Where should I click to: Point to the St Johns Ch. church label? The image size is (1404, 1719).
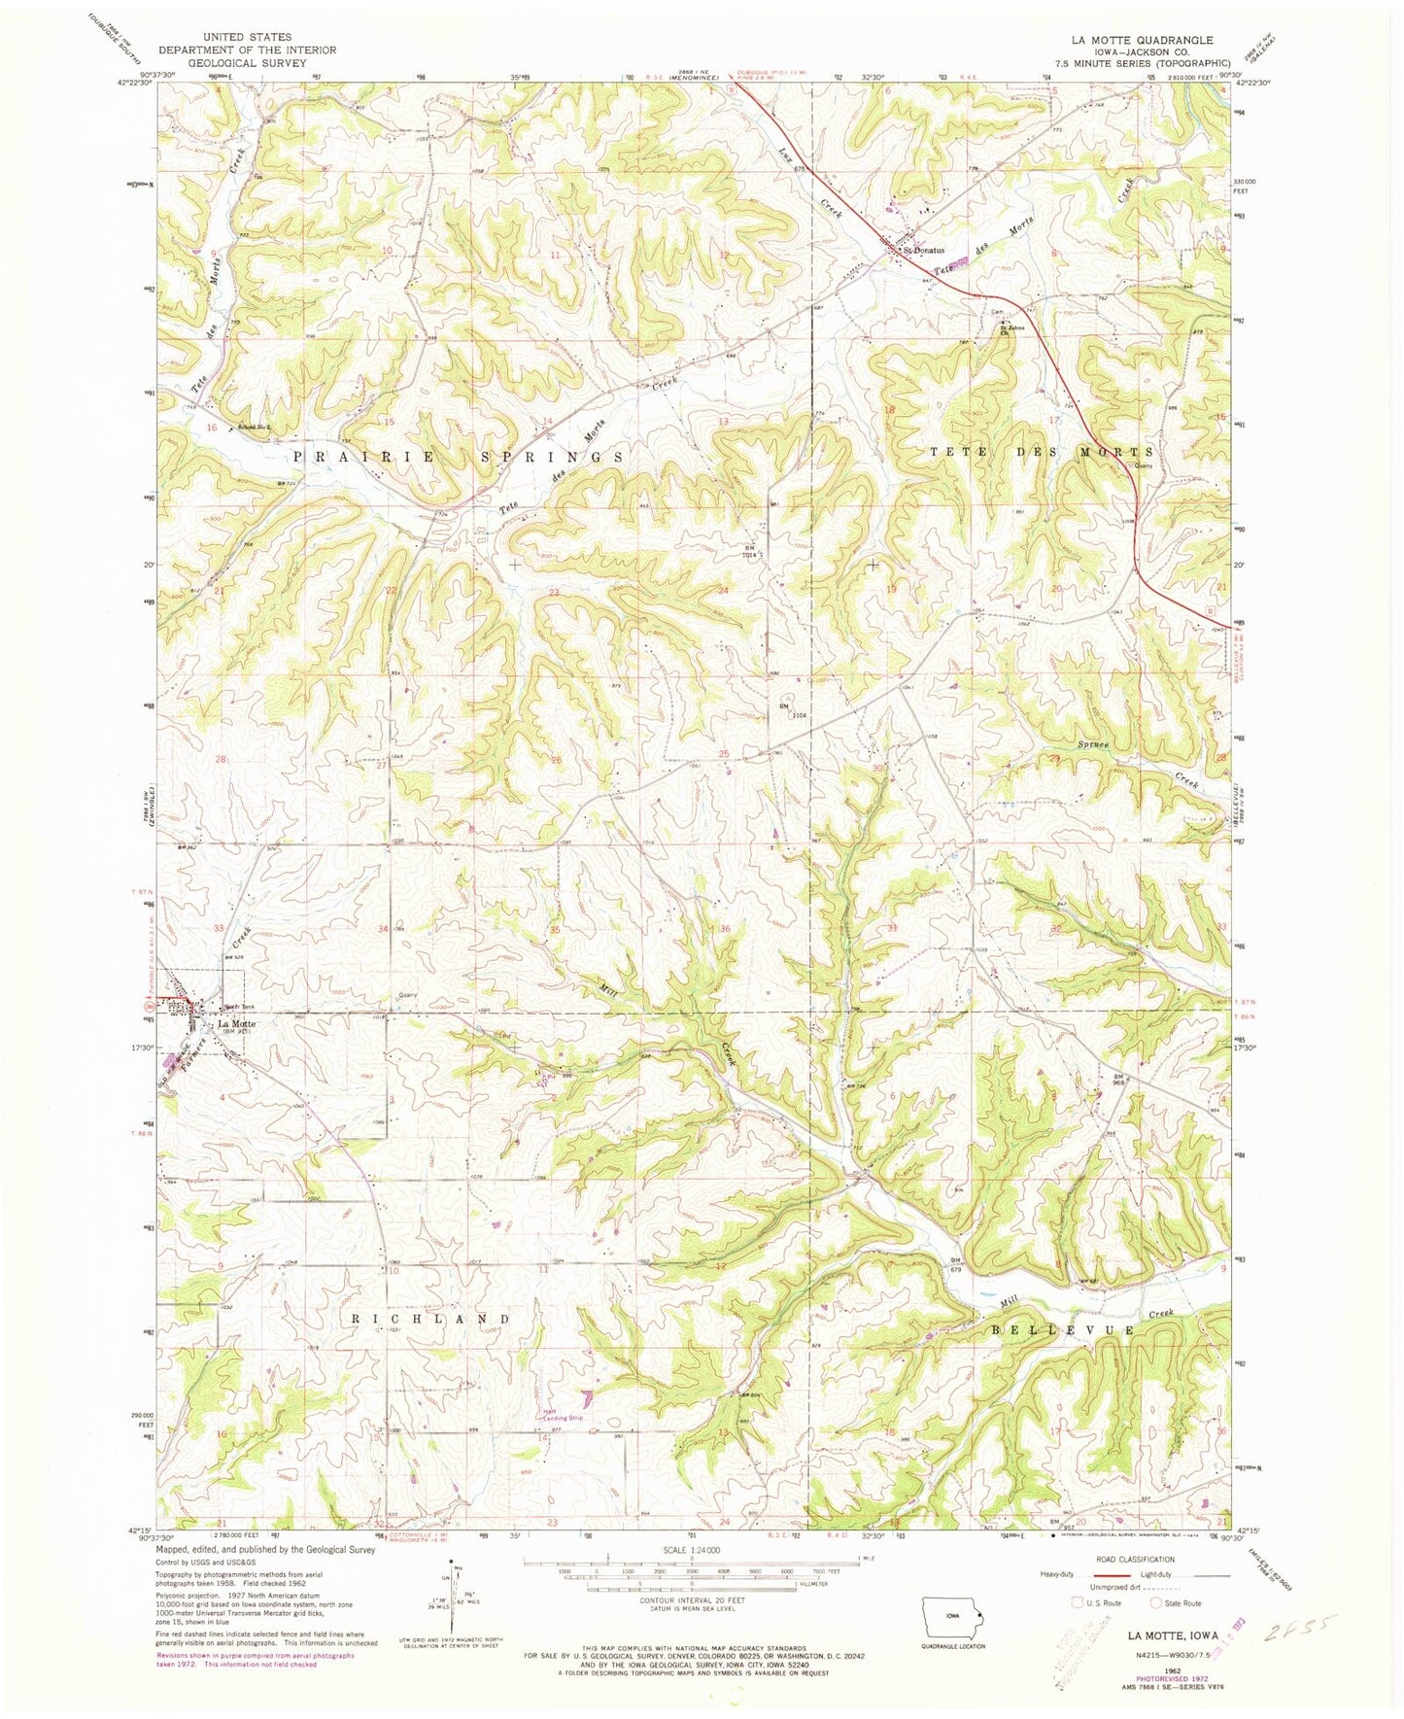(1013, 330)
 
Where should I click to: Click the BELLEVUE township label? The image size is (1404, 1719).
(1063, 1327)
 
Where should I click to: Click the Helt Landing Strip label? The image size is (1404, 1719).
(562, 1415)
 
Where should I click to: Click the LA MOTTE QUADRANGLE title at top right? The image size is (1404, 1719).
(1142, 40)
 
